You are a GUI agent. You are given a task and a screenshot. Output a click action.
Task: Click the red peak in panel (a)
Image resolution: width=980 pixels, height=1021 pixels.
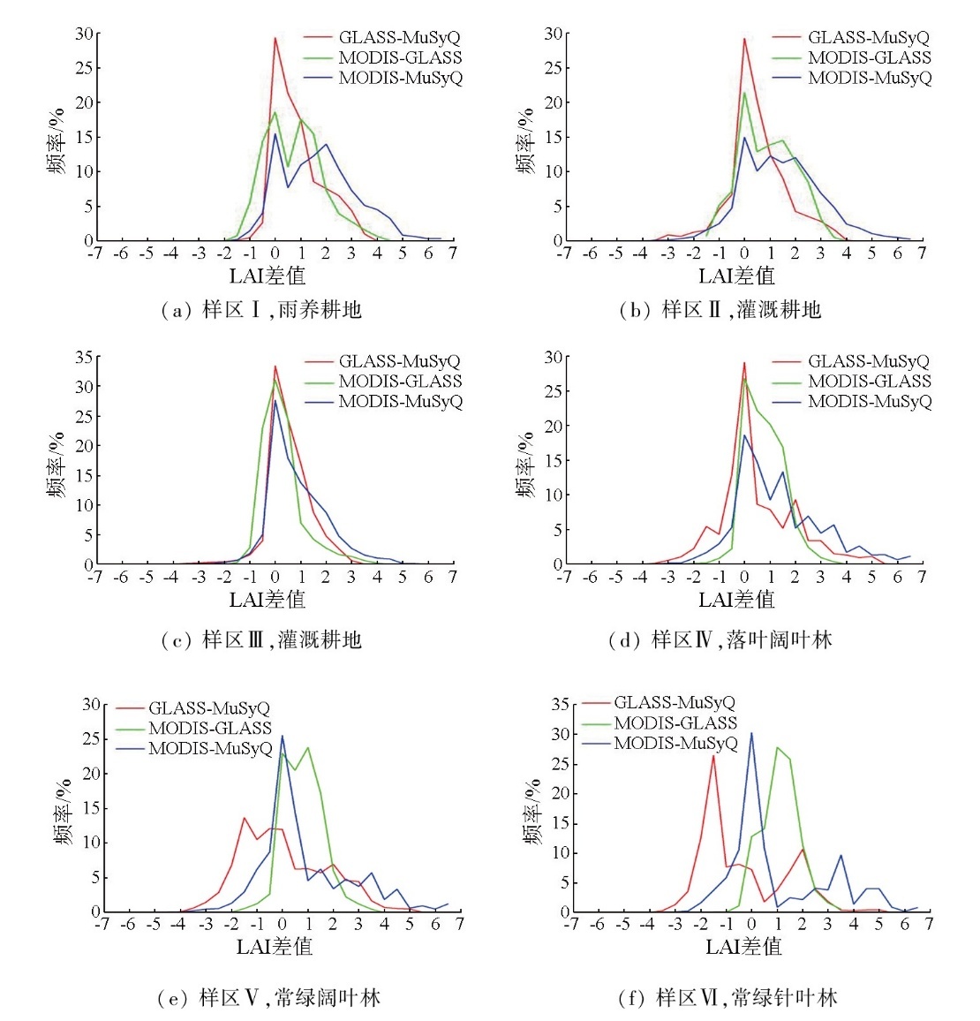click(x=275, y=38)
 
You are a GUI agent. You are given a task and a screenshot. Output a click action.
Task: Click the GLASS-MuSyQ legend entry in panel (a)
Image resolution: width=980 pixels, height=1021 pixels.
click(x=399, y=37)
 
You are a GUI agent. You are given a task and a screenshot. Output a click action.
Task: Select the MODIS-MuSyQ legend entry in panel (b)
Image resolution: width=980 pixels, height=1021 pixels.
click(x=869, y=78)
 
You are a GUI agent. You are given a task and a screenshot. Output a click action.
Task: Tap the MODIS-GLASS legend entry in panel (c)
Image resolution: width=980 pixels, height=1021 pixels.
click(x=399, y=382)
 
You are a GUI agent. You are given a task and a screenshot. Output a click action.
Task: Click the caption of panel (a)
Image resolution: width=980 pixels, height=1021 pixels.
click(x=260, y=309)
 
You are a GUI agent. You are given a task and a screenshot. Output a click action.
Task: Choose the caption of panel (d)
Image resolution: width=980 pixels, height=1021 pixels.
click(x=720, y=639)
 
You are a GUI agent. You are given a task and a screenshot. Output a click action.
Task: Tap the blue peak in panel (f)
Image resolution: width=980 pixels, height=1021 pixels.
click(x=751, y=732)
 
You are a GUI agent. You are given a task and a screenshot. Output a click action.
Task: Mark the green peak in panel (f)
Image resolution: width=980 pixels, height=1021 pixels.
click(x=778, y=747)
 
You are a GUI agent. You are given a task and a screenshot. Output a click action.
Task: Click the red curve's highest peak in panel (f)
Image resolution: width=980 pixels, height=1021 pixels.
click(x=713, y=755)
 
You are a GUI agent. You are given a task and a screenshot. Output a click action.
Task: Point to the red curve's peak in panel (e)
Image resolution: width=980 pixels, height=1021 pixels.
click(x=245, y=817)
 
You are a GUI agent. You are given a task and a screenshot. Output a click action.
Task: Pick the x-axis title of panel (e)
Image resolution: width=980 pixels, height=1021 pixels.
click(x=275, y=947)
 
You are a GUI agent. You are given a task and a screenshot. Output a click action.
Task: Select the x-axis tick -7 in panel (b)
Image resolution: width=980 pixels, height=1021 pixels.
click(x=563, y=254)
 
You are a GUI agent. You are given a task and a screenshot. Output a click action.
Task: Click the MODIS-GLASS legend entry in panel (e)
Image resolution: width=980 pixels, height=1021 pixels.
click(x=209, y=729)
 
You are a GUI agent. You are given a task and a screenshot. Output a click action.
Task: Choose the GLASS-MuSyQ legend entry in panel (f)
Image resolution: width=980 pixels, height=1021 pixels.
click(x=674, y=703)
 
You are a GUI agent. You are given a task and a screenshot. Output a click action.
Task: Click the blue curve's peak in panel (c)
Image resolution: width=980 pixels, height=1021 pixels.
click(x=275, y=400)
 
